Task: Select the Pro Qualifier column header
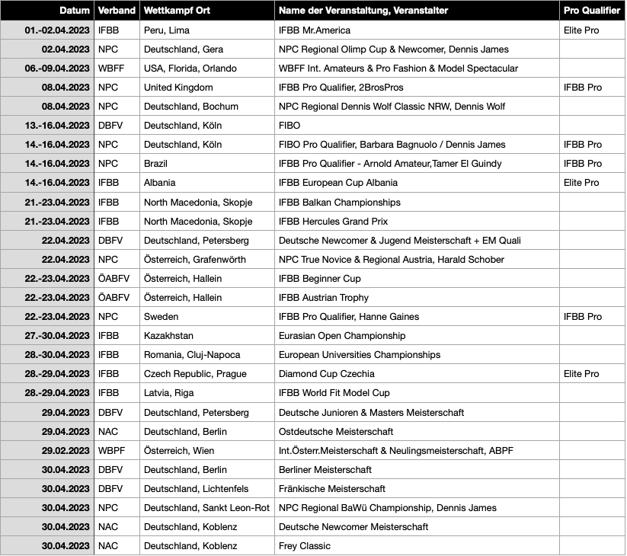click(x=590, y=11)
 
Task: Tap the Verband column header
click(x=117, y=11)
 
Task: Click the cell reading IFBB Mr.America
click(x=315, y=30)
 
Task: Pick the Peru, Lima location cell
click(x=167, y=30)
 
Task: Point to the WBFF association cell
click(x=111, y=69)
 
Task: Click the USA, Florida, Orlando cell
click(x=190, y=69)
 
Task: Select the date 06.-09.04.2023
click(x=57, y=69)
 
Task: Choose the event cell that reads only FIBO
click(x=292, y=126)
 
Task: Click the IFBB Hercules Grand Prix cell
click(x=334, y=222)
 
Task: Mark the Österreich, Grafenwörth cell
click(x=195, y=260)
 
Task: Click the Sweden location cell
click(x=162, y=317)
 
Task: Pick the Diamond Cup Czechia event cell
click(x=327, y=374)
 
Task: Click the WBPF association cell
click(x=112, y=451)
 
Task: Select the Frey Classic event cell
click(x=305, y=546)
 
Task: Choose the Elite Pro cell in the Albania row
click(x=581, y=183)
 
